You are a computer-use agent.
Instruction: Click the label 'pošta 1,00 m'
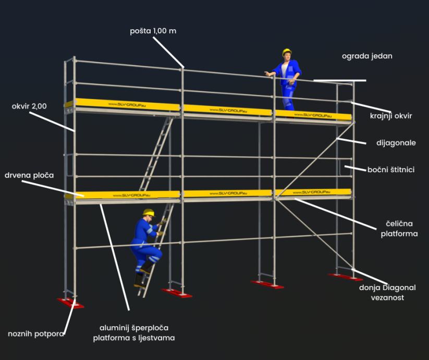tap(153, 31)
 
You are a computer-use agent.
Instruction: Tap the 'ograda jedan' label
tap(367, 56)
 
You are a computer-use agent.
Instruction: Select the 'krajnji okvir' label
tap(391, 116)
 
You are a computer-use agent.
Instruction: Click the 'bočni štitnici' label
tap(391, 170)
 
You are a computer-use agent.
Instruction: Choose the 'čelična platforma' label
tap(399, 229)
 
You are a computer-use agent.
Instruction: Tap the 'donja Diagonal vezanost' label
tap(387, 292)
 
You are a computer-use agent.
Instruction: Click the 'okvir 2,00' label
tap(29, 106)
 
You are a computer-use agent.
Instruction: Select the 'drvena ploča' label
tap(29, 175)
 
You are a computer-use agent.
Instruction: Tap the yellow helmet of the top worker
tap(286, 52)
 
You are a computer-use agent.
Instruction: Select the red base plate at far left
tap(70, 303)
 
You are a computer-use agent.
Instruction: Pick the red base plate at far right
tap(345, 277)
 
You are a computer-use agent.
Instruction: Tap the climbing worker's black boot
tap(139, 282)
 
